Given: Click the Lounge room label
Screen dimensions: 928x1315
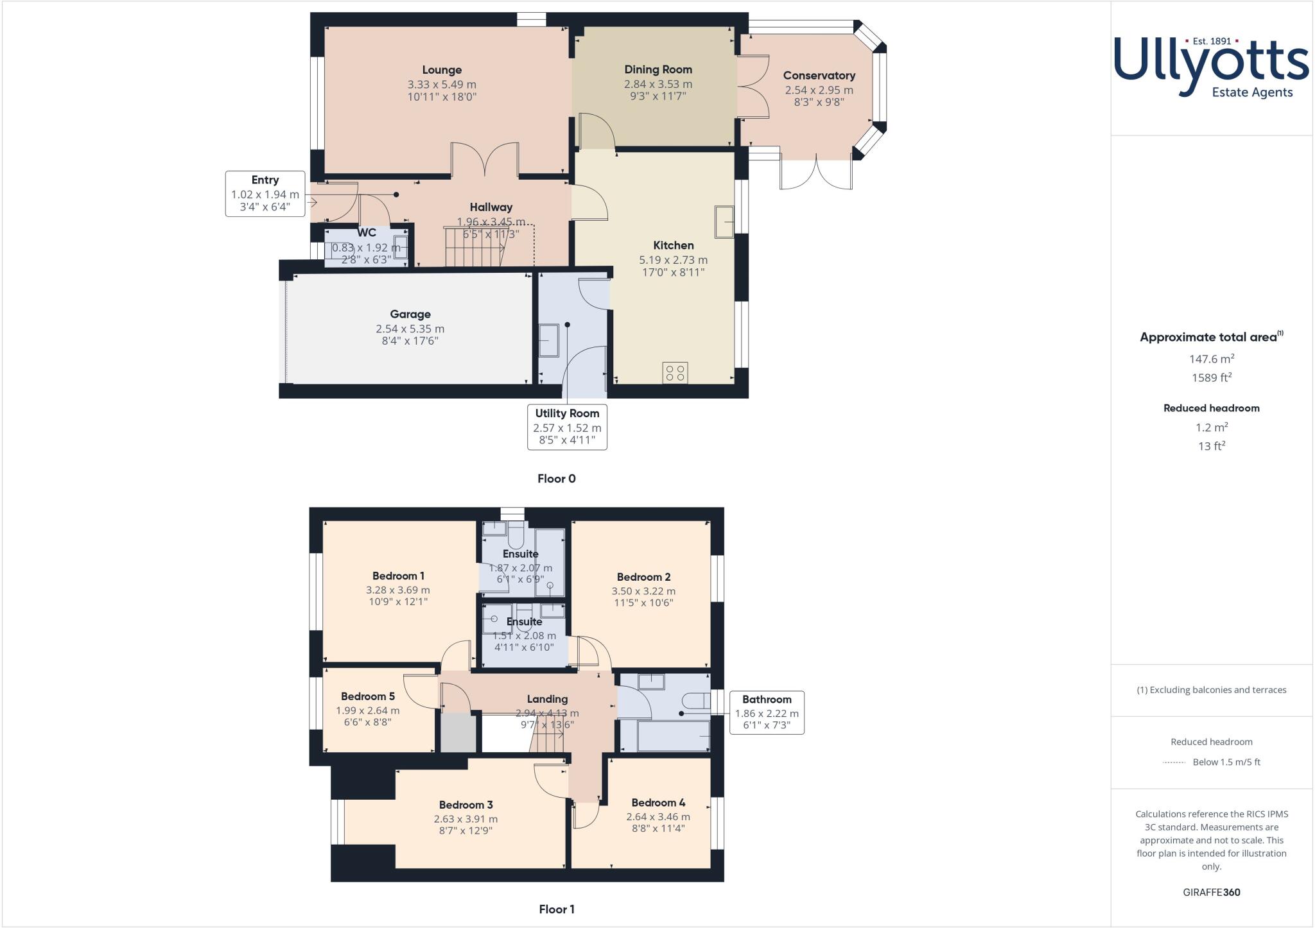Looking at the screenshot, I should tap(442, 70).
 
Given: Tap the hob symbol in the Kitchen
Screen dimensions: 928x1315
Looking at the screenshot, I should tap(675, 373).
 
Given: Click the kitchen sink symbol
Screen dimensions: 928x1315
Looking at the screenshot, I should tap(724, 222).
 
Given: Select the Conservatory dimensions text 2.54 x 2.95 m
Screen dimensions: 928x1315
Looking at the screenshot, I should tap(819, 90).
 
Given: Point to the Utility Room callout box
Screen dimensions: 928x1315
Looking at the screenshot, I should tap(567, 426).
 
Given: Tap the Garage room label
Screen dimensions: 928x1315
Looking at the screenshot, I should tap(410, 314).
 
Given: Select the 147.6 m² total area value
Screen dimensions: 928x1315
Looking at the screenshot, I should tap(1211, 359).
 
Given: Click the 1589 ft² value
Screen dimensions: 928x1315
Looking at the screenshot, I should tap(1211, 378).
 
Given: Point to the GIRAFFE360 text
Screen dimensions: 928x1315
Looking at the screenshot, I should tap(1211, 892).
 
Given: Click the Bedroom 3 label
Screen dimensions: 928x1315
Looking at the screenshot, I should tap(466, 805).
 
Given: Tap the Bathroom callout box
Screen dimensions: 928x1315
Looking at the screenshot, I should tap(767, 712).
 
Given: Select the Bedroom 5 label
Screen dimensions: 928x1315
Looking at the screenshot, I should tap(367, 696).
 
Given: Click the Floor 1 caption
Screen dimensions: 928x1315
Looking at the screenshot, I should tap(556, 909).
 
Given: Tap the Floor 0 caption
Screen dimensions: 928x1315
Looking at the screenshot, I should tap(556, 479).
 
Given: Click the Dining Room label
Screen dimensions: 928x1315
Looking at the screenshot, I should tap(658, 69).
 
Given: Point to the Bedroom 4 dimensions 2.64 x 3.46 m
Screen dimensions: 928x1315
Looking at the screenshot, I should tap(658, 817).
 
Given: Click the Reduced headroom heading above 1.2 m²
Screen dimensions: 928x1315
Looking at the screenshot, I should tap(1211, 408).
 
